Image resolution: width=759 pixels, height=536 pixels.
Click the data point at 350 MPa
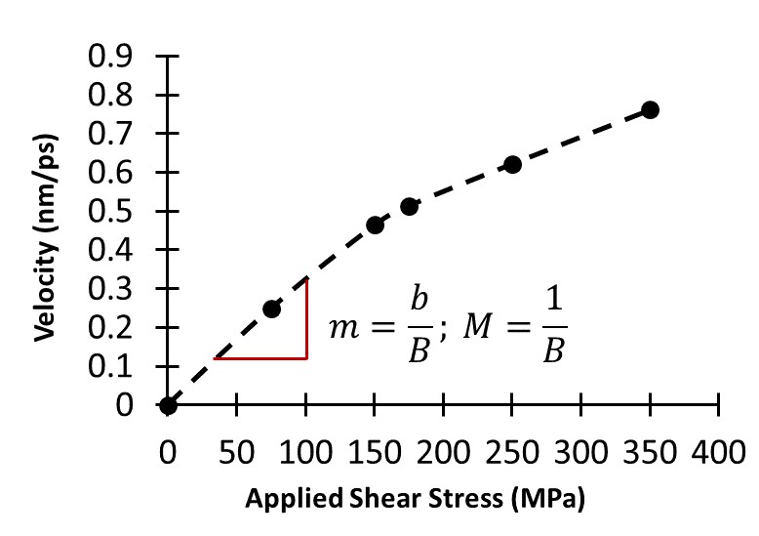(650, 109)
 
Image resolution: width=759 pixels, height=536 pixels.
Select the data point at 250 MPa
(512, 164)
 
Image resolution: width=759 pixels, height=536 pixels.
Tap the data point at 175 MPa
(409, 206)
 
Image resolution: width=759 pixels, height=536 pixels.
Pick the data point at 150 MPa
(375, 225)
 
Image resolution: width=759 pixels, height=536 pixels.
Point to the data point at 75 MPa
(271, 309)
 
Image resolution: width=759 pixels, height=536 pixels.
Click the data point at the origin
(169, 405)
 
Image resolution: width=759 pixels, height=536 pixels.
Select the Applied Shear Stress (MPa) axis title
(415, 501)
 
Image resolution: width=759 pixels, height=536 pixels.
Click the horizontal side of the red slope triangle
(260, 358)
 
